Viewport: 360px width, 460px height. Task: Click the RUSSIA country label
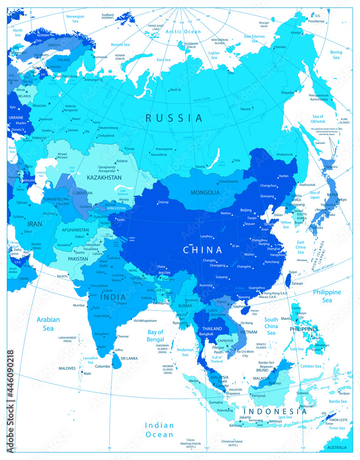pyautogui.click(x=174, y=118)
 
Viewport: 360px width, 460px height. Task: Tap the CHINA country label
pyautogui.click(x=202, y=250)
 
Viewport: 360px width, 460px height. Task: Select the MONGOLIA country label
pyautogui.click(x=205, y=192)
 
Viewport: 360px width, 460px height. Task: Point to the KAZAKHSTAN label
pyautogui.click(x=104, y=177)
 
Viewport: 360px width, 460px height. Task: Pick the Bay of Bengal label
pyautogui.click(x=155, y=335)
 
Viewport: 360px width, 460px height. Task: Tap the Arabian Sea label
pyautogui.click(x=48, y=324)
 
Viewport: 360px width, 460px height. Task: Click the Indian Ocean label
pyautogui.click(x=160, y=430)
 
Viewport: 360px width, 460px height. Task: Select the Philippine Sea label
pyautogui.click(x=327, y=296)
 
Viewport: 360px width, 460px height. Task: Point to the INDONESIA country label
pyautogui.click(x=275, y=411)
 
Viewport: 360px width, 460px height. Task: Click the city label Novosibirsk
pyautogui.click(x=163, y=155)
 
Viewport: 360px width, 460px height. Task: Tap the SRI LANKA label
pyautogui.click(x=129, y=357)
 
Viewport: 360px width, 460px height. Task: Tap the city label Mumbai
pyautogui.click(x=79, y=305)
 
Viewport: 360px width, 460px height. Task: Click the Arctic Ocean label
pyautogui.click(x=183, y=32)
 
